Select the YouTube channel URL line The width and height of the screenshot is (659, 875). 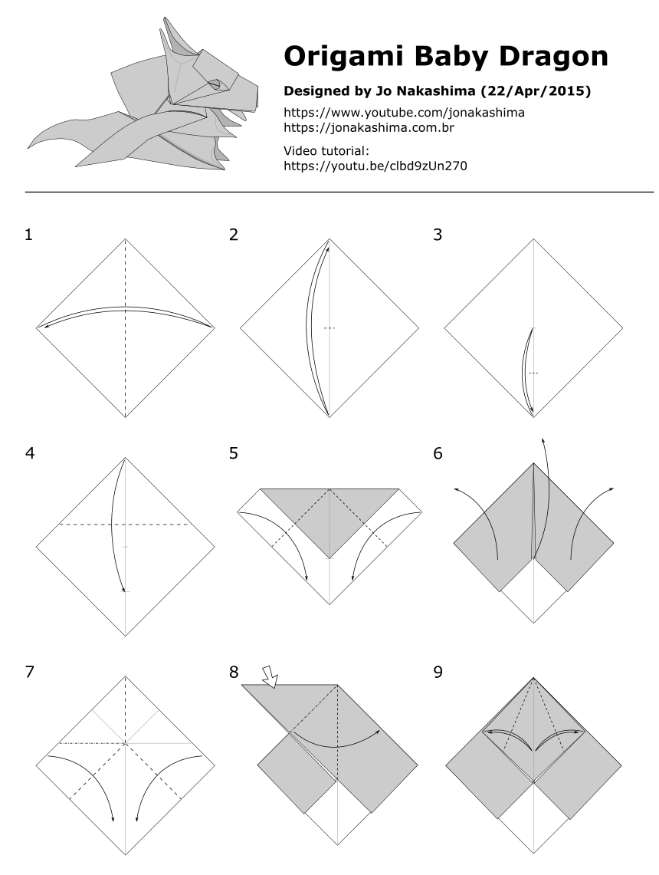tap(404, 113)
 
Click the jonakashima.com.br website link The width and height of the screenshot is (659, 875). tap(369, 128)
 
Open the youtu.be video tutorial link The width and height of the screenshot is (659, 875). tap(375, 166)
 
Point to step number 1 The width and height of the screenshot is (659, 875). tap(29, 235)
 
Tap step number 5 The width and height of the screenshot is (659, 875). tap(234, 454)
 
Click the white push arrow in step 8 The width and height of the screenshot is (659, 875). tap(270, 675)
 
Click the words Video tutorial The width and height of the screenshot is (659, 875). tap(326, 151)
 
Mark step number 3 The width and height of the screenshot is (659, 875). tap(438, 235)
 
